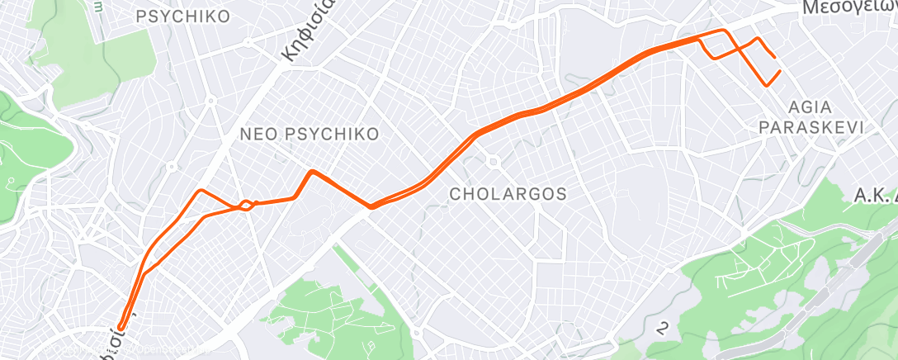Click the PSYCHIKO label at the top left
pos(183,16)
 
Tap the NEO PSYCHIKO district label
pos(309,134)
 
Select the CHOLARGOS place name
pos(508,194)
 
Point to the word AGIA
pos(810,108)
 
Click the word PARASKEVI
pos(811,127)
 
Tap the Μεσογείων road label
pos(849,8)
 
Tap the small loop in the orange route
pos(245,204)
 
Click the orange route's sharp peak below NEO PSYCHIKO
pos(311,172)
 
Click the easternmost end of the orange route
pos(779,72)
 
